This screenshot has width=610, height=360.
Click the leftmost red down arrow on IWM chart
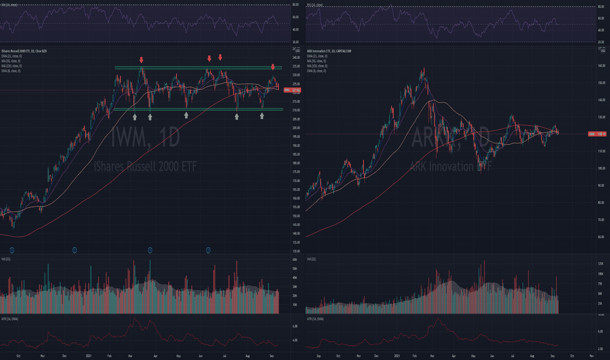[141, 61]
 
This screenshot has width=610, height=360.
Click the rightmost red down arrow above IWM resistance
[273, 66]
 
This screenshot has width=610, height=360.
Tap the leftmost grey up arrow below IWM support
[135, 117]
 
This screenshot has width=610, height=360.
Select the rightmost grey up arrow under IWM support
[262, 116]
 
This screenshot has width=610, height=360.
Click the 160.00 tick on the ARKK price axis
[601, 65]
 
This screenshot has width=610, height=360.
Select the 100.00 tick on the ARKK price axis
[601, 168]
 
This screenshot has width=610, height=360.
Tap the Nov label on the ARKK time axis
[591, 355]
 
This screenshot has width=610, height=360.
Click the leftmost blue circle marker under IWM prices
[12, 249]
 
